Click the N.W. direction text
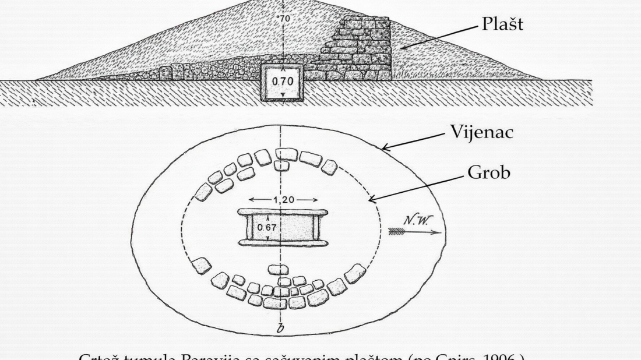click(415, 220)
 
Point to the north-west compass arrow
click(414, 232)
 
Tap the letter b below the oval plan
click(280, 330)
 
